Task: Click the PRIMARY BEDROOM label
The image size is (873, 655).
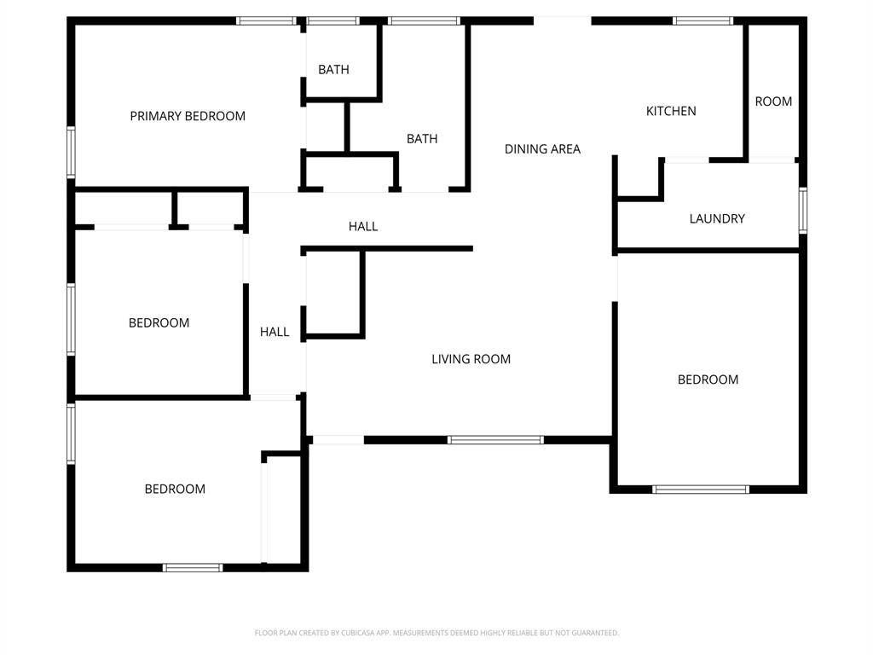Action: coord(188,116)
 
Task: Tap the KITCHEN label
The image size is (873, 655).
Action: coord(671,111)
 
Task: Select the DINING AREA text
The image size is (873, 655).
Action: coord(542,149)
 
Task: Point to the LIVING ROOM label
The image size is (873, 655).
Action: coord(471,359)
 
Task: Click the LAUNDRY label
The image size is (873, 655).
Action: coord(717,218)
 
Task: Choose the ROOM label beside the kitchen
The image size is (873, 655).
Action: coord(773,101)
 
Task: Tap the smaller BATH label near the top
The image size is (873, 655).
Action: coord(333,70)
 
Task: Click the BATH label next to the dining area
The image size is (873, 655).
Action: coord(422,139)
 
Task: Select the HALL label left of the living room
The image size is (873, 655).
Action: coord(275,332)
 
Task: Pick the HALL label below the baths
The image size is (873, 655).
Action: coord(363,226)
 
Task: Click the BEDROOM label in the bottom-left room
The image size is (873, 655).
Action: coord(175,489)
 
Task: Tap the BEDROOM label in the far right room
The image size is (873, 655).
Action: coord(708,380)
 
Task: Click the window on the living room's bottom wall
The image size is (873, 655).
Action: coord(495,440)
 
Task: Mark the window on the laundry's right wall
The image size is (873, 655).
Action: coord(802,210)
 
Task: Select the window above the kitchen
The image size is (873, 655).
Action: coord(702,20)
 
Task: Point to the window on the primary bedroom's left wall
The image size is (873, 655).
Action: coord(72,152)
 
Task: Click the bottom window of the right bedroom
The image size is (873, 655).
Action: coord(701,490)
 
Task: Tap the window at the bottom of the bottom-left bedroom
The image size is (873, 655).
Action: coord(193,567)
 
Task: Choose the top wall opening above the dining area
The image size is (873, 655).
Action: coord(562,20)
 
